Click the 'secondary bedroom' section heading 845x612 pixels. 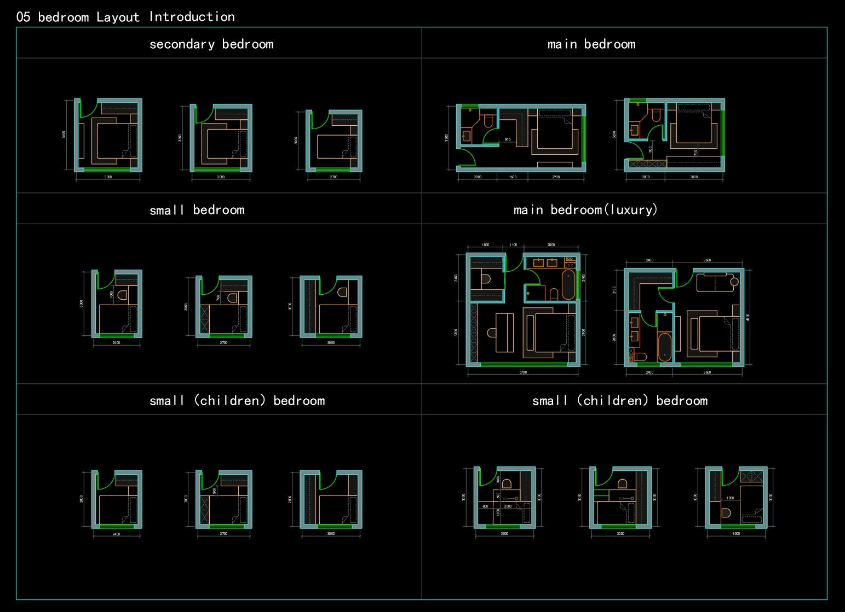pos(211,44)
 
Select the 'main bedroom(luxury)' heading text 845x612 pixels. pos(585,210)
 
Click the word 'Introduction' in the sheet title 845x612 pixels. pos(192,17)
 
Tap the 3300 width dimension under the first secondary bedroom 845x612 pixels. pos(108,177)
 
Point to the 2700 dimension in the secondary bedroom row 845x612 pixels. pos(334,177)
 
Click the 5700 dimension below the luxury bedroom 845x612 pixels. pos(523,372)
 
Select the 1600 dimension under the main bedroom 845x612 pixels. pos(513,177)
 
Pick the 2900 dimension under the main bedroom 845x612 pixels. pos(556,177)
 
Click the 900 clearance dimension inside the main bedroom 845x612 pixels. pos(508,140)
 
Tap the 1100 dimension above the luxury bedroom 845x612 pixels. pos(513,245)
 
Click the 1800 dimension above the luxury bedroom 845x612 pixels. pos(485,245)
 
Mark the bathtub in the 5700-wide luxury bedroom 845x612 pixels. pos(568,284)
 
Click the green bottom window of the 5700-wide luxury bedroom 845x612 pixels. pos(523,364)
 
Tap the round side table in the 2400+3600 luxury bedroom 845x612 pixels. pos(734,282)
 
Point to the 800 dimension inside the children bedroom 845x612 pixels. pos(485,506)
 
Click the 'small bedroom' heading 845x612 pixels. pos(197,210)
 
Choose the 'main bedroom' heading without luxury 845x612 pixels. pos(591,44)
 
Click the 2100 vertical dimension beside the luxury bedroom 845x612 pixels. pos(614,289)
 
